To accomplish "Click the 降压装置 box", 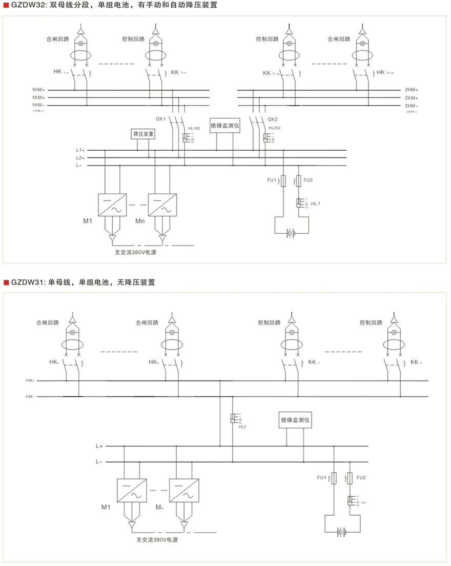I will [144, 134].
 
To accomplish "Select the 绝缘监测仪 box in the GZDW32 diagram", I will [225, 126].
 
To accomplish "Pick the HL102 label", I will [194, 128].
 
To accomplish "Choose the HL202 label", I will [274, 128].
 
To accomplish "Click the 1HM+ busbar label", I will [39, 90].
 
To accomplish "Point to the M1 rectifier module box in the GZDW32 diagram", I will [111, 204].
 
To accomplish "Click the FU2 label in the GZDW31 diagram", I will [361, 478].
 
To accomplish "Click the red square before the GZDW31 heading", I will [6, 282].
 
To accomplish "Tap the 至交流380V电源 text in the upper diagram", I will [135, 252].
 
